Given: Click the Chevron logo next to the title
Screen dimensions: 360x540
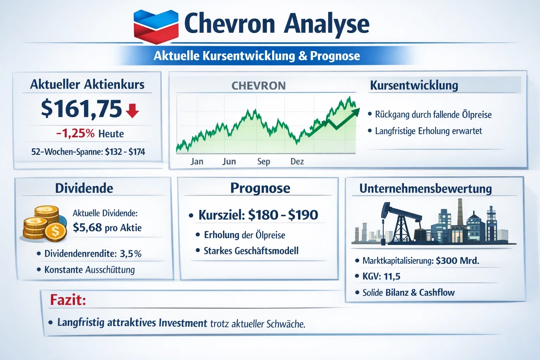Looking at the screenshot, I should click(x=156, y=27).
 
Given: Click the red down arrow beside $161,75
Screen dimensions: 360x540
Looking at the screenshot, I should click(x=132, y=110).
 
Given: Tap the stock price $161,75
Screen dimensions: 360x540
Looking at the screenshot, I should click(x=81, y=109).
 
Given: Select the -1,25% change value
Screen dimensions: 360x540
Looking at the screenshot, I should click(x=75, y=134).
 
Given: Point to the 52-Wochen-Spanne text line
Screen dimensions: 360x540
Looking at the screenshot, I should click(x=88, y=152).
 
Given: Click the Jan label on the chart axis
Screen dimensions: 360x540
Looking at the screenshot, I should click(x=197, y=161).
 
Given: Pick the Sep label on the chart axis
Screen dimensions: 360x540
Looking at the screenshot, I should click(x=263, y=161).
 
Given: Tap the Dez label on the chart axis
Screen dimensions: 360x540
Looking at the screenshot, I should click(x=297, y=161).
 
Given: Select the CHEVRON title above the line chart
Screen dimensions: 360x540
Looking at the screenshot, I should click(x=258, y=86).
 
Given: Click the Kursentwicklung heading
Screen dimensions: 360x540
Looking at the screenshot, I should click(x=414, y=85).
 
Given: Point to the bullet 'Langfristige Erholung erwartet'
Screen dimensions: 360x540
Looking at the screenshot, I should click(x=428, y=131).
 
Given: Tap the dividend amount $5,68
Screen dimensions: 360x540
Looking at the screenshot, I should click(x=87, y=228).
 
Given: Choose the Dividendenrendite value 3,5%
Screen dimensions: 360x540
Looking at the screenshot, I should click(x=130, y=254).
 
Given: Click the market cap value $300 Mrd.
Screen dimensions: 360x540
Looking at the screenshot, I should click(x=457, y=261).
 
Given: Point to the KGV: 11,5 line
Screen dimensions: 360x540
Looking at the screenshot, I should click(x=381, y=276).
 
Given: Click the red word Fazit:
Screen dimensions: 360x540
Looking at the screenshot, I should click(x=68, y=300).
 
